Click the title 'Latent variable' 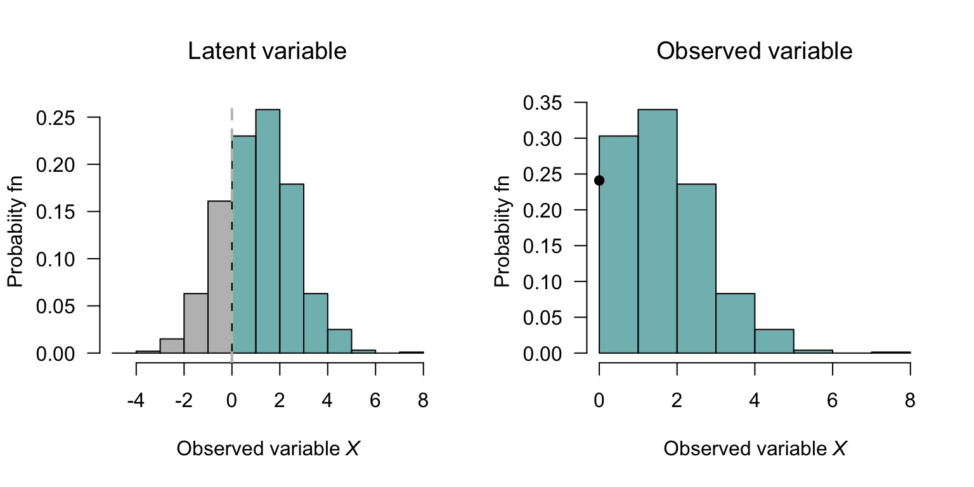tap(267, 51)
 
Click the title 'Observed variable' tap(754, 51)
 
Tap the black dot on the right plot tap(599, 181)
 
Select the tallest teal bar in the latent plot tap(268, 231)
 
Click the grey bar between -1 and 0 tap(219, 276)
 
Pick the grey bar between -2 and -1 tap(196, 323)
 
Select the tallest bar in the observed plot tap(658, 231)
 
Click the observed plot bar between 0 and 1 tap(618, 244)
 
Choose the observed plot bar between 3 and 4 tap(736, 323)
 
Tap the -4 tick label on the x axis tap(136, 401)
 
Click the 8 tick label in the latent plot tap(423, 401)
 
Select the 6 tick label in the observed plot tap(833, 401)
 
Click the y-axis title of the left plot tap(16, 231)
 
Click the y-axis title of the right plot tap(502, 231)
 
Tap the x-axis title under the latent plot tap(268, 449)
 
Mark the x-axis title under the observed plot tap(755, 449)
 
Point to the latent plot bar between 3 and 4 tap(315, 323)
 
